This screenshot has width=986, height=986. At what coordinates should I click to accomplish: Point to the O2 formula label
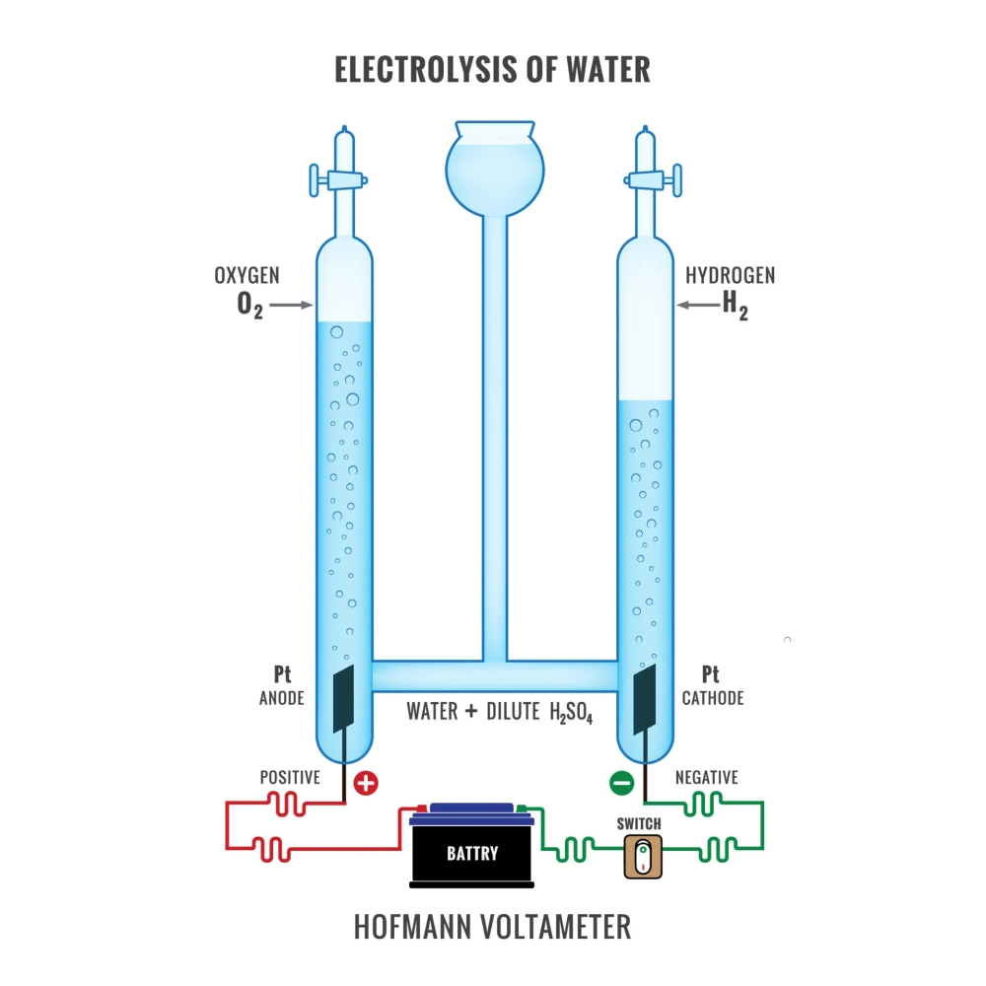click(x=250, y=306)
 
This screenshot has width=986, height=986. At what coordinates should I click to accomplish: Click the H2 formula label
click(x=735, y=306)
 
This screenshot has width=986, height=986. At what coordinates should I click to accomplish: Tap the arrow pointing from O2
click(x=291, y=306)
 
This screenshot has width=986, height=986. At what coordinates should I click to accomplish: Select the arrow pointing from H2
click(x=698, y=306)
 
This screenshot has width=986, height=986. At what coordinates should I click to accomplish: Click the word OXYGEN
click(x=246, y=275)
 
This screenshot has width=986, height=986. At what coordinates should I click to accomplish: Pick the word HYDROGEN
click(x=730, y=275)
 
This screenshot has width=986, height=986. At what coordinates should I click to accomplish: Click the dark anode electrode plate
click(x=343, y=698)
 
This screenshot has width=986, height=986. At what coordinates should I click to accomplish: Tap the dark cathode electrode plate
click(x=645, y=698)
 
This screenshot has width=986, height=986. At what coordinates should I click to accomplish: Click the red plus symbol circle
click(x=366, y=785)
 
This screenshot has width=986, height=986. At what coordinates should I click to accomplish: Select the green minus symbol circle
click(x=621, y=785)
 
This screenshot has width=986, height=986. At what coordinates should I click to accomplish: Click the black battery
click(x=473, y=850)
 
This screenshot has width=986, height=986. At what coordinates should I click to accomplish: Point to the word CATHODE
click(x=712, y=698)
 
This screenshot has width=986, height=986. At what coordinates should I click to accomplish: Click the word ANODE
click(x=281, y=698)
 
